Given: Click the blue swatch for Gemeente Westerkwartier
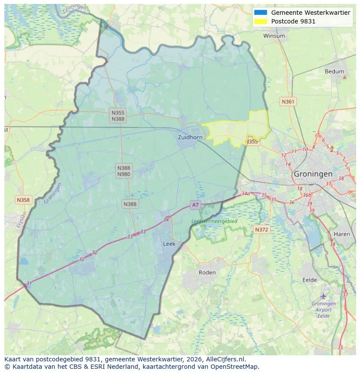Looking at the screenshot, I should click(261, 13).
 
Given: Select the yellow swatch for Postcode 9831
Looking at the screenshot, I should click(261, 21).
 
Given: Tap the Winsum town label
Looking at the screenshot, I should click(274, 36).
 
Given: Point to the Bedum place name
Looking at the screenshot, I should click(334, 72).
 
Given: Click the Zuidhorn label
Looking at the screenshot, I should click(190, 137).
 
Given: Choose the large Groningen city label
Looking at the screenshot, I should click(313, 174).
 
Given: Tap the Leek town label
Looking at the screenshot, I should click(169, 244).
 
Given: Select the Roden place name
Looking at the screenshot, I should click(207, 272).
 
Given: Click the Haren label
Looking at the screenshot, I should click(342, 234).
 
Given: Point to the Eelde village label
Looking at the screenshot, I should click(310, 280).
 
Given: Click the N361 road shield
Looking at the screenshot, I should click(288, 102).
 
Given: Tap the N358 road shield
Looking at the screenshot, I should click(23, 200).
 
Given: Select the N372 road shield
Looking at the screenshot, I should click(261, 229).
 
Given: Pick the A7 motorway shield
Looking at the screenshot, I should click(195, 205).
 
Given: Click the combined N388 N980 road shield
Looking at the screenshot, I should click(123, 171).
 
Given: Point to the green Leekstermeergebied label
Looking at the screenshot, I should click(214, 221).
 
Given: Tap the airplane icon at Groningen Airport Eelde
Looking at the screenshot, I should click(323, 296).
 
